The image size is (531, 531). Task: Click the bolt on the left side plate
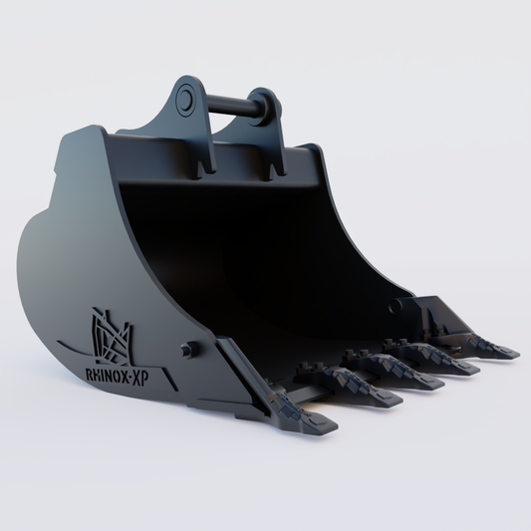pyautogui.click(x=186, y=350)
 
